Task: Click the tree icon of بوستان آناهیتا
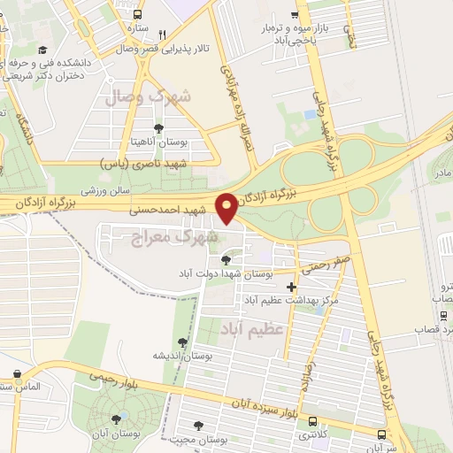click(x=158, y=129)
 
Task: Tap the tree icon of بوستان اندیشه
click(x=182, y=342)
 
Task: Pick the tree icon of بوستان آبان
click(x=115, y=418)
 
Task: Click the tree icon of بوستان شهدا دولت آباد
click(x=226, y=260)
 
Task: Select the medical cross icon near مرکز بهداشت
click(x=292, y=287)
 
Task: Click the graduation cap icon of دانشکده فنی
click(x=43, y=51)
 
